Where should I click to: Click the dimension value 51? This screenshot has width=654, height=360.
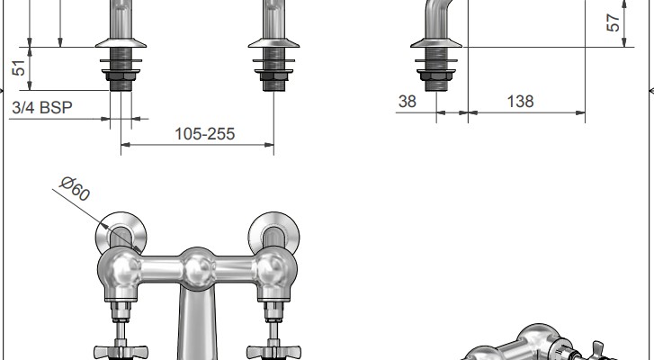19,68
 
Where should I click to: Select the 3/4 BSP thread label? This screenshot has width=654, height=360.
42,108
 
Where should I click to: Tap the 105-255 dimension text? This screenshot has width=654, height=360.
205,134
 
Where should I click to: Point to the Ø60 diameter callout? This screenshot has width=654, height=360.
75,189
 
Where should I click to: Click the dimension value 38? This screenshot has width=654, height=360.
408,102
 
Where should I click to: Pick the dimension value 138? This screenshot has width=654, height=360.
520,102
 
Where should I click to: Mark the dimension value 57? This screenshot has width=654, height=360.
613,22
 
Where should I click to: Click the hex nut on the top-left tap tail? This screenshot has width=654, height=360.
121,76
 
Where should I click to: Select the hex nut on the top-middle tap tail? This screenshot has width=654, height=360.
273,76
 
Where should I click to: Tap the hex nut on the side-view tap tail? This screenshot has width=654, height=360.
436,76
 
